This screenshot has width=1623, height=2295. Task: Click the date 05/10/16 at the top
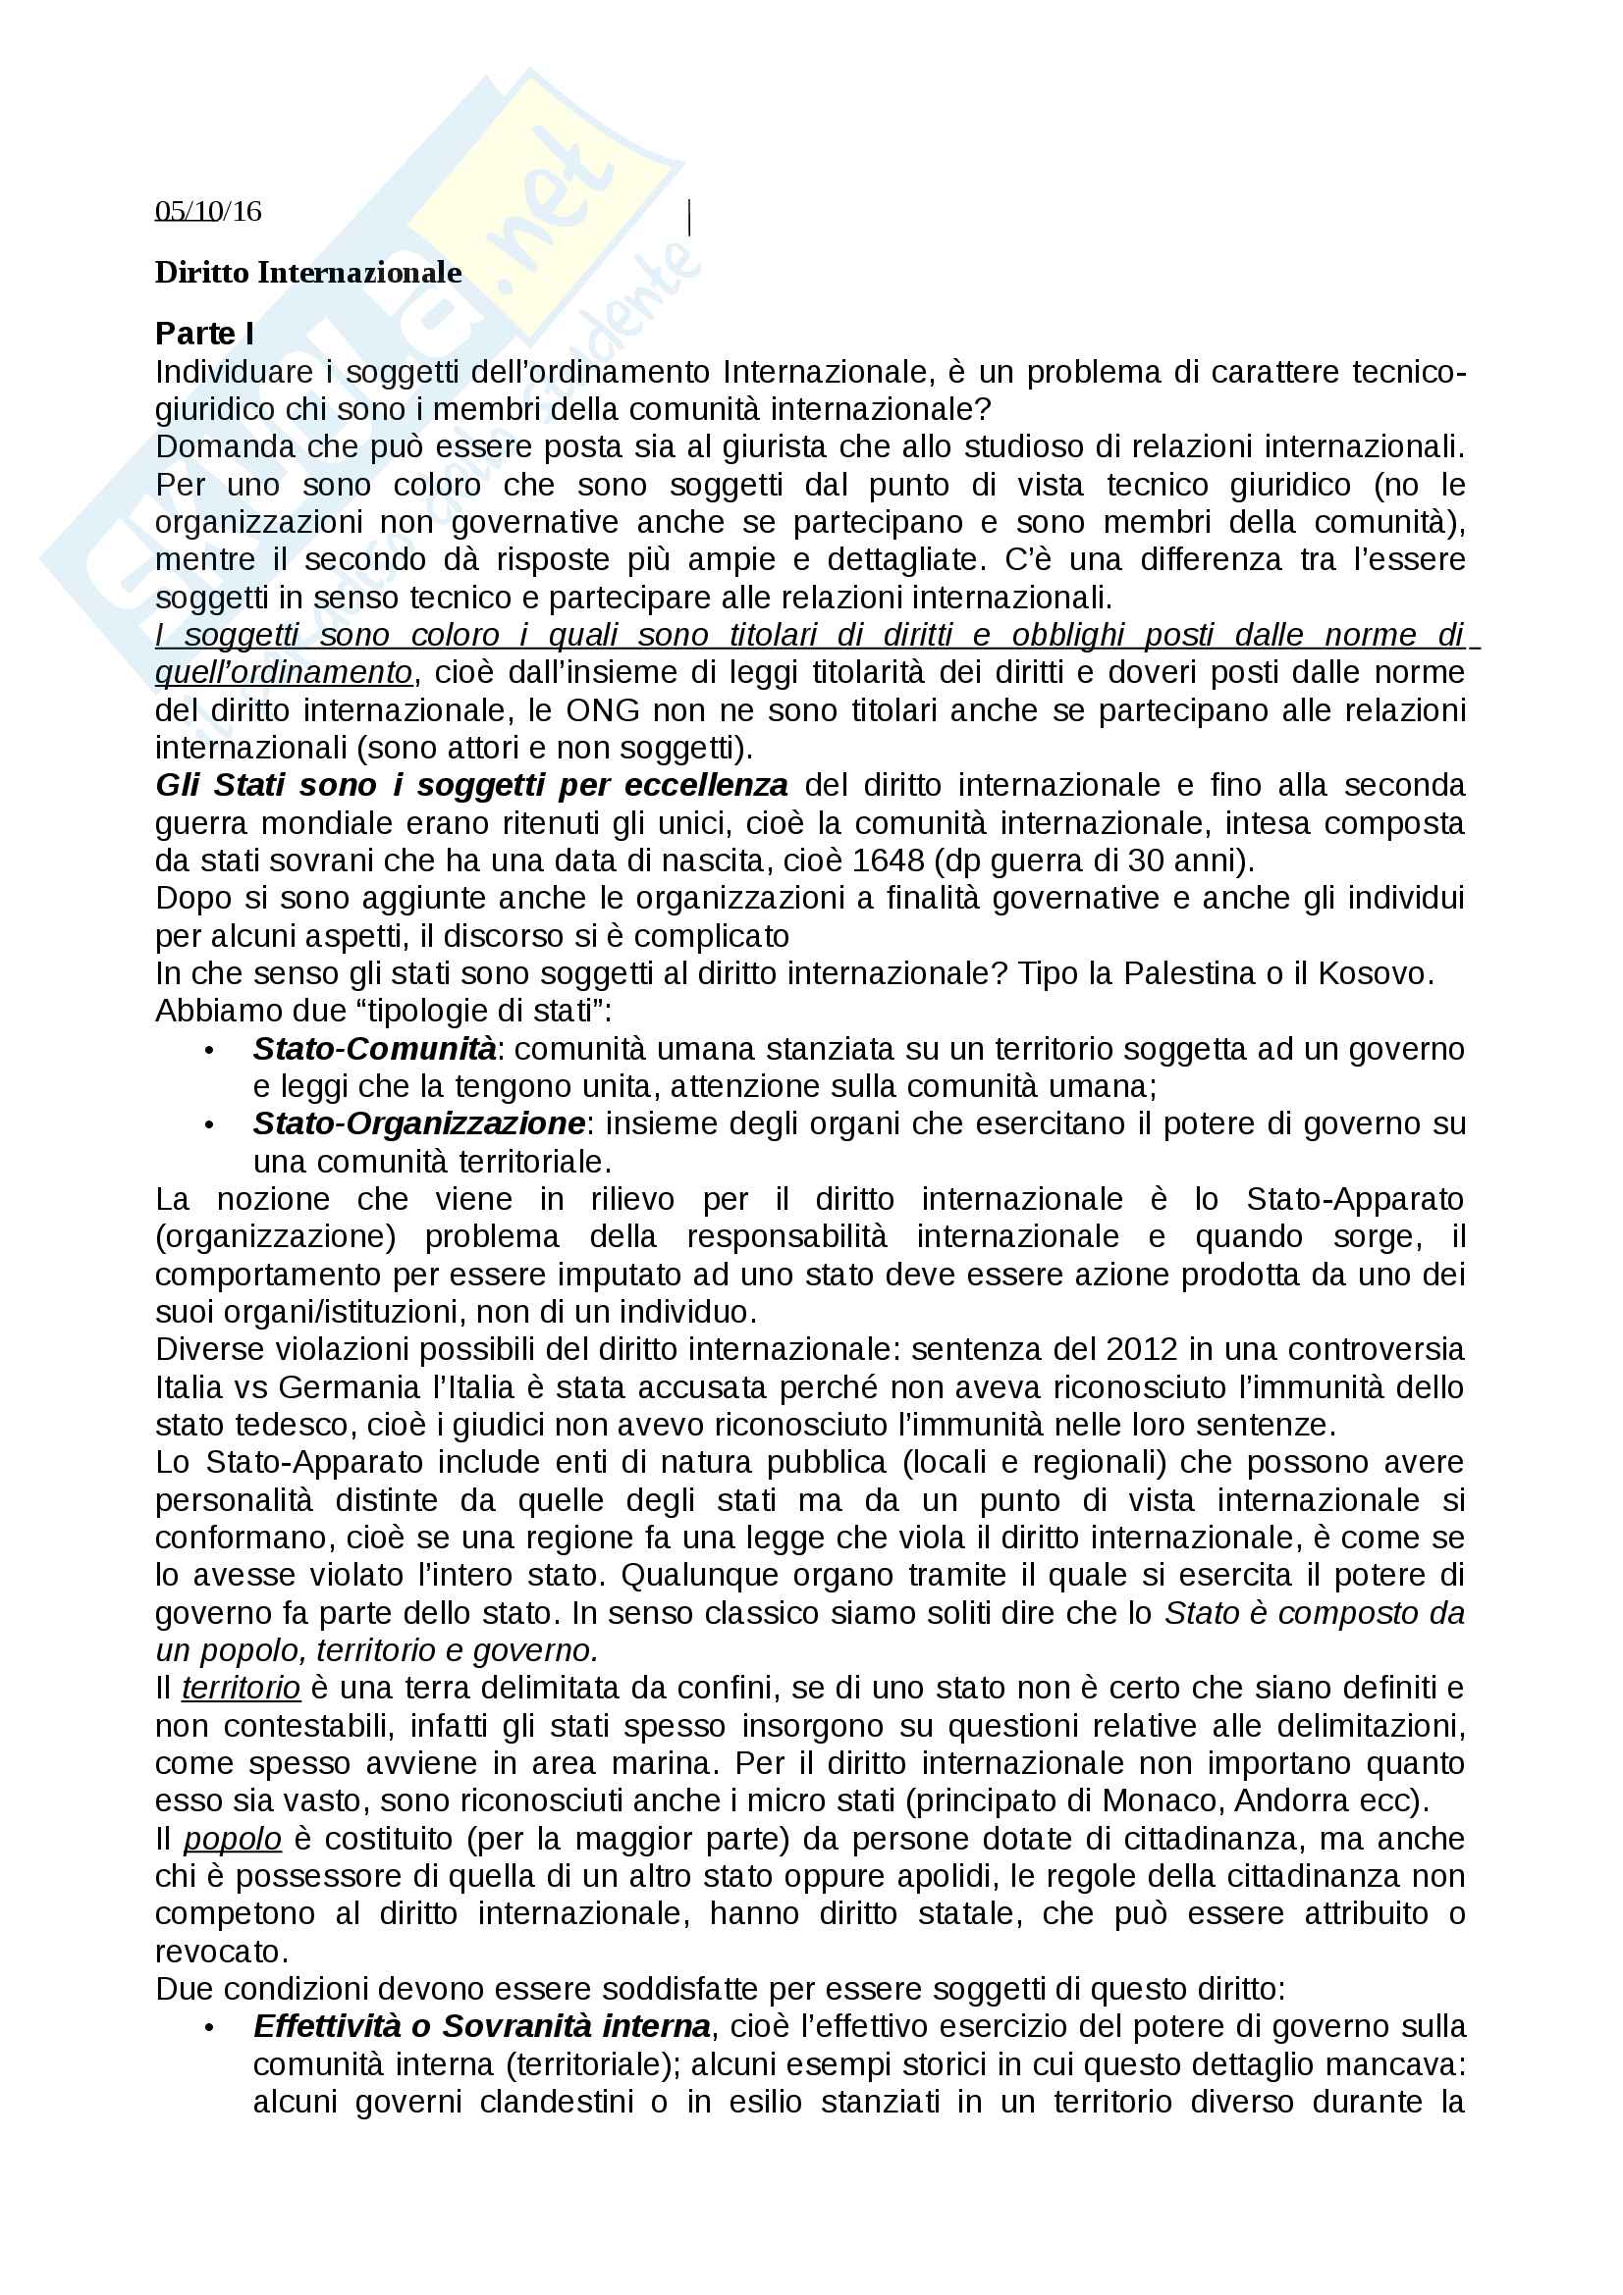tap(208, 211)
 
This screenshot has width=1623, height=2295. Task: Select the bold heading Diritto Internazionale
tap(308, 273)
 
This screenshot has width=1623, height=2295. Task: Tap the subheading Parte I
tap(204, 333)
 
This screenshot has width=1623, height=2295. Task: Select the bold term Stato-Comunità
tap(374, 1049)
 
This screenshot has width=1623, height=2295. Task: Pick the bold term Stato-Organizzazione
tap(418, 1123)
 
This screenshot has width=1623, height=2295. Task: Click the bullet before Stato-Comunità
tap(209, 1051)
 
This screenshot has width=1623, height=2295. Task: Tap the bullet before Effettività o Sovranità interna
tap(209, 2028)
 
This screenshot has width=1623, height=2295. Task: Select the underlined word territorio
tap(241, 1689)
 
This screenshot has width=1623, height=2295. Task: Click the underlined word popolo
tap(232, 1839)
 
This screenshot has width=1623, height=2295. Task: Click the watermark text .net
tap(560, 190)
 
